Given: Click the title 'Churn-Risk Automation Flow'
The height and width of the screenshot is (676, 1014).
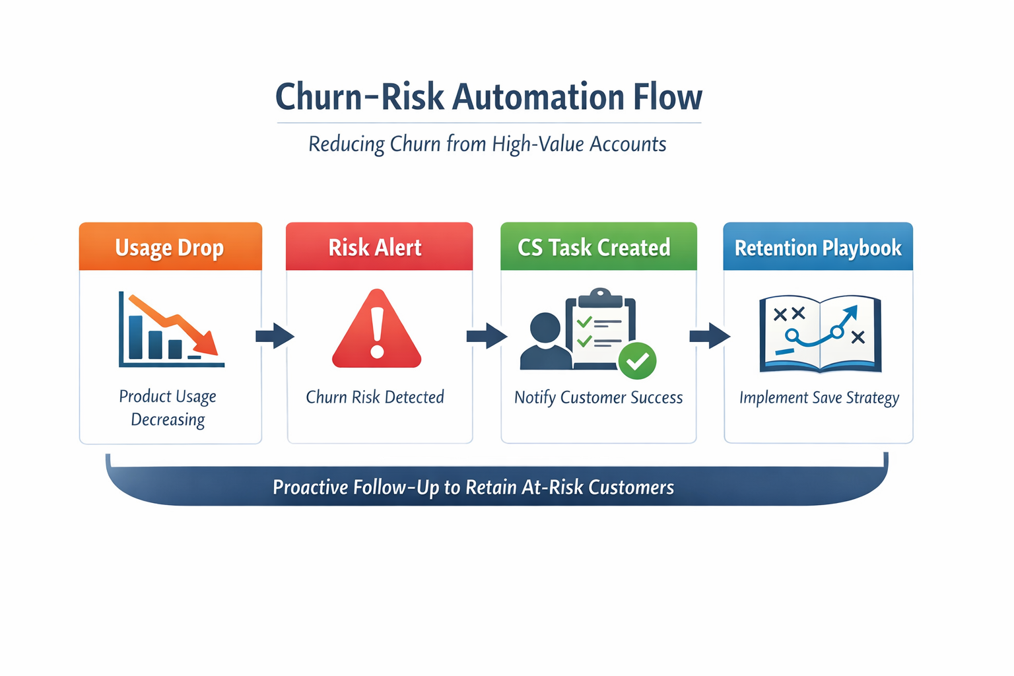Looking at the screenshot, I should point(489,97).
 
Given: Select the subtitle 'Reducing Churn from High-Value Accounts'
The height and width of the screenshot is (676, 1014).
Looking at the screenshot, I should point(487,144).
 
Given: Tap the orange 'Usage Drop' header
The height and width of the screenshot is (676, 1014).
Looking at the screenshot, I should point(170,248).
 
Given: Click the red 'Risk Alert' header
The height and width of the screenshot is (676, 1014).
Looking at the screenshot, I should point(375,248).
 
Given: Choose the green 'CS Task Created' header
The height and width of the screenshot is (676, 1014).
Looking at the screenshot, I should point(594,248).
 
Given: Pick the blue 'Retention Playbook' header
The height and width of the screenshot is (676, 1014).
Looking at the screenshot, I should point(818,248).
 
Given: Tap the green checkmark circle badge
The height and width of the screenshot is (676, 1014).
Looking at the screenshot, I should point(637,361).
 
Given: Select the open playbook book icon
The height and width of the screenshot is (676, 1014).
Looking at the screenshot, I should point(820,333).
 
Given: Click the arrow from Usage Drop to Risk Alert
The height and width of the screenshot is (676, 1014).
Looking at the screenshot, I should point(275,336).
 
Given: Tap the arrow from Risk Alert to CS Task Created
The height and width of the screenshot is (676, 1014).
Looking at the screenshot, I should point(487,336).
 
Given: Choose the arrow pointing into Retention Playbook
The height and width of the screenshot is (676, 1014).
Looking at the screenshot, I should point(710,336).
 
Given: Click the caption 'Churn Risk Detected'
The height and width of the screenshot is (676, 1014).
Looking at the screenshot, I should point(375,397).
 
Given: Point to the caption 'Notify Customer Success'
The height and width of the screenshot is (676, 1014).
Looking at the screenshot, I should point(598,397).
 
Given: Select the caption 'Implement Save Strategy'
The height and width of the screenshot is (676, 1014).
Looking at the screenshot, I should point(819,397).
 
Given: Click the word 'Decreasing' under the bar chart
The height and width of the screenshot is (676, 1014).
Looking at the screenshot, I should point(168,420).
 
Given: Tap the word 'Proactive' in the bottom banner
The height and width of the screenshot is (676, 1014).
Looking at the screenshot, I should point(310,487).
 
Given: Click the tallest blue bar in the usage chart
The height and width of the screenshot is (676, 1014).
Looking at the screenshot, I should point(136,337).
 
